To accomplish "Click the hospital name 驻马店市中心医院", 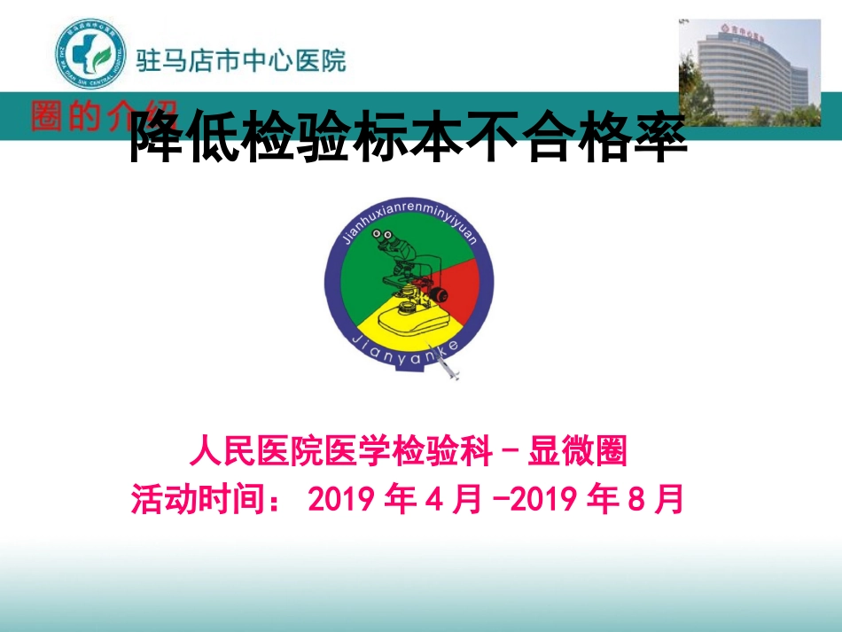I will pos(241,60).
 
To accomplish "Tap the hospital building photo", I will pos(749,73).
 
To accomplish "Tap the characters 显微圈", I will pos(577,452).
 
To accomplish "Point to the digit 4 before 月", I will pos(433,499).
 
